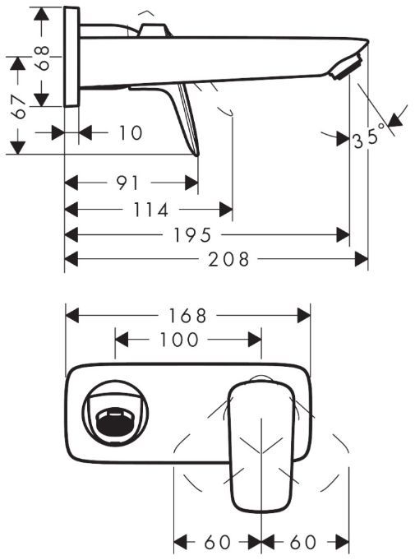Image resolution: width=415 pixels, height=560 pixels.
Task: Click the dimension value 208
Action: pyautogui.click(x=228, y=259)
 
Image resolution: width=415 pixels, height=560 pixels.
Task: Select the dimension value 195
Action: pyautogui.click(x=192, y=235)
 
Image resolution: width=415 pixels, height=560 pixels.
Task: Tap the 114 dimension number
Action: pyautogui.click(x=150, y=210)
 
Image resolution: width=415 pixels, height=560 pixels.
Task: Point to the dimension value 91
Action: pyautogui.click(x=127, y=183)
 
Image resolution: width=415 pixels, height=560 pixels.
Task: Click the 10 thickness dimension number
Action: pyautogui.click(x=131, y=133)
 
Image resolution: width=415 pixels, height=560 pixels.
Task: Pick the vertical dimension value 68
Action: pyautogui.click(x=43, y=58)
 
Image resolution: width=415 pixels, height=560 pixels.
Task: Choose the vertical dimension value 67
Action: pyautogui.click(x=18, y=107)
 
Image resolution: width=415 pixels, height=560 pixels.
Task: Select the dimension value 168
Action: pyautogui.click(x=187, y=316)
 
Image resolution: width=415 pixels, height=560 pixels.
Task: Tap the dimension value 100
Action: pyautogui.click(x=179, y=340)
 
